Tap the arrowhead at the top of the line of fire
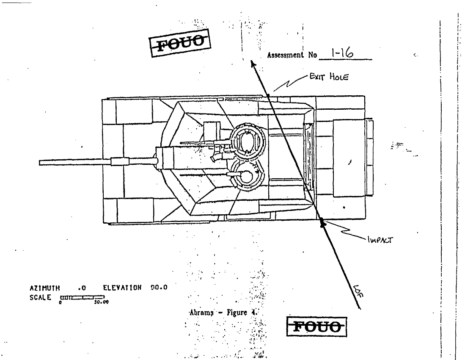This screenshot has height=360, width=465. [x=253, y=64]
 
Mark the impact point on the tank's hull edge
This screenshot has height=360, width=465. [x=322, y=221]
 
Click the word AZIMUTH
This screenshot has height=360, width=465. [x=41, y=287]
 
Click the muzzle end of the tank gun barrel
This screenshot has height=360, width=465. [x=40, y=162]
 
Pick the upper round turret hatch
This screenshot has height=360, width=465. [x=245, y=142]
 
